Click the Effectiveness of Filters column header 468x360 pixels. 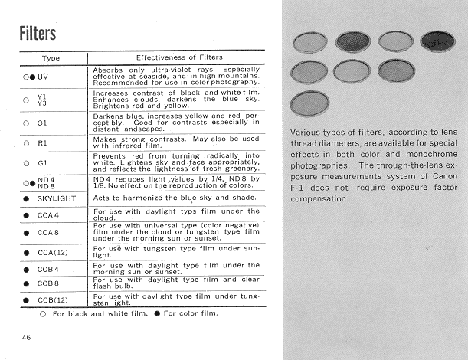[x=179, y=57]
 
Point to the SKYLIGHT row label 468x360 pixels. [x=59, y=198]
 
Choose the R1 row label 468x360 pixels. [x=48, y=142]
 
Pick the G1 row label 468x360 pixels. [x=48, y=163]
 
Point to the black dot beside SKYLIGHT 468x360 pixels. [x=27, y=198]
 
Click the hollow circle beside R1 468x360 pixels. [x=27, y=142]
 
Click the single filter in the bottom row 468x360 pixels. [x=310, y=103]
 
